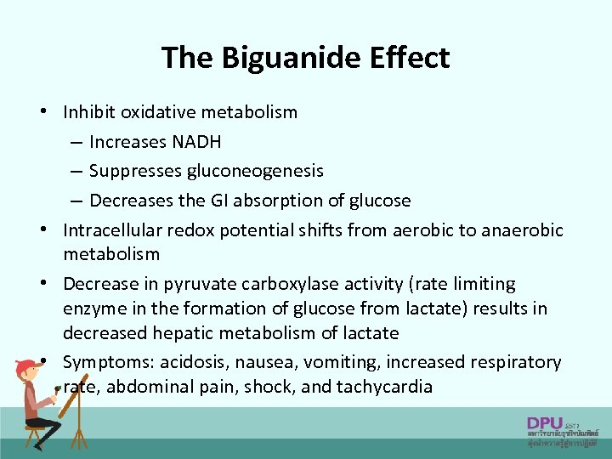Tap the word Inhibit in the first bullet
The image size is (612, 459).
pos(89,112)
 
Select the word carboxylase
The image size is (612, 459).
pos(277,283)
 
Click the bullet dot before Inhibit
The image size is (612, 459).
pos(53,112)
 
